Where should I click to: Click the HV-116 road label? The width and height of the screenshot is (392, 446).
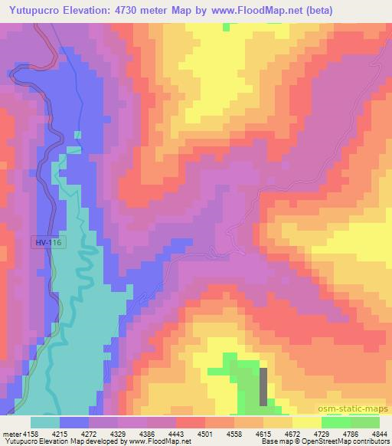point(47,242)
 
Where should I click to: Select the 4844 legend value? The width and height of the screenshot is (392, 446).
point(378,434)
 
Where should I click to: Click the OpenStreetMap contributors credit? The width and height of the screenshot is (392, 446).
point(353,442)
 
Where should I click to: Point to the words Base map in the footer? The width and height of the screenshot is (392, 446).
point(273,442)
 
